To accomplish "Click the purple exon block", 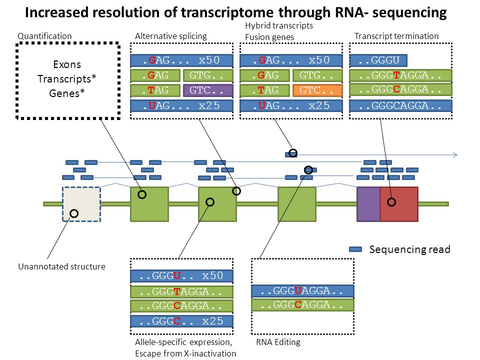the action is (x=368, y=204).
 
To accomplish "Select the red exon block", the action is (x=399, y=204).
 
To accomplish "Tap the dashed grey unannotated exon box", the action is (x=81, y=204).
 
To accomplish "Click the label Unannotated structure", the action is (x=62, y=266).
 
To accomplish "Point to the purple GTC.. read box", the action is (x=208, y=90).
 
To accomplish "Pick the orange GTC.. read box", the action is (x=317, y=90).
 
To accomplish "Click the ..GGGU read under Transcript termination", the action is (x=378, y=60).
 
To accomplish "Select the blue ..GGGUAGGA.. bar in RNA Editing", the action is (x=303, y=291).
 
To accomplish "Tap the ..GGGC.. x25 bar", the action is (x=182, y=321).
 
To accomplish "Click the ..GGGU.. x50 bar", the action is (x=182, y=276).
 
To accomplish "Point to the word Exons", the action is (x=67, y=64).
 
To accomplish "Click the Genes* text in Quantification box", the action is (x=66, y=93).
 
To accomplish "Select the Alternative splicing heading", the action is (x=171, y=36).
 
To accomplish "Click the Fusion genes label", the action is (x=269, y=37).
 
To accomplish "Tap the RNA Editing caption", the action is (x=278, y=342).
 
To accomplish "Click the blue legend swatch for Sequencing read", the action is (x=355, y=249).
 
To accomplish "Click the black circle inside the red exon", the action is (x=391, y=202).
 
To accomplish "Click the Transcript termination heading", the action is (x=396, y=36).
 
